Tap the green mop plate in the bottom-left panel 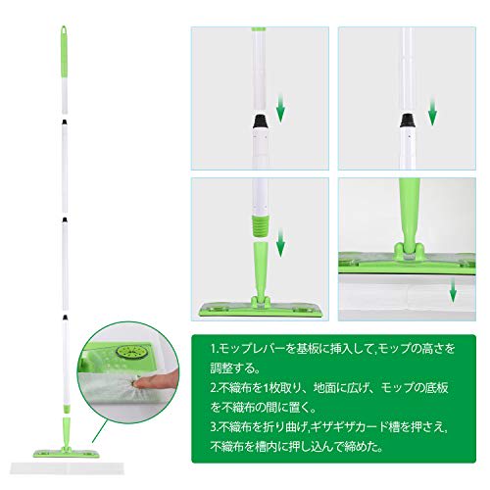pyautogui.click(x=260, y=309)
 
